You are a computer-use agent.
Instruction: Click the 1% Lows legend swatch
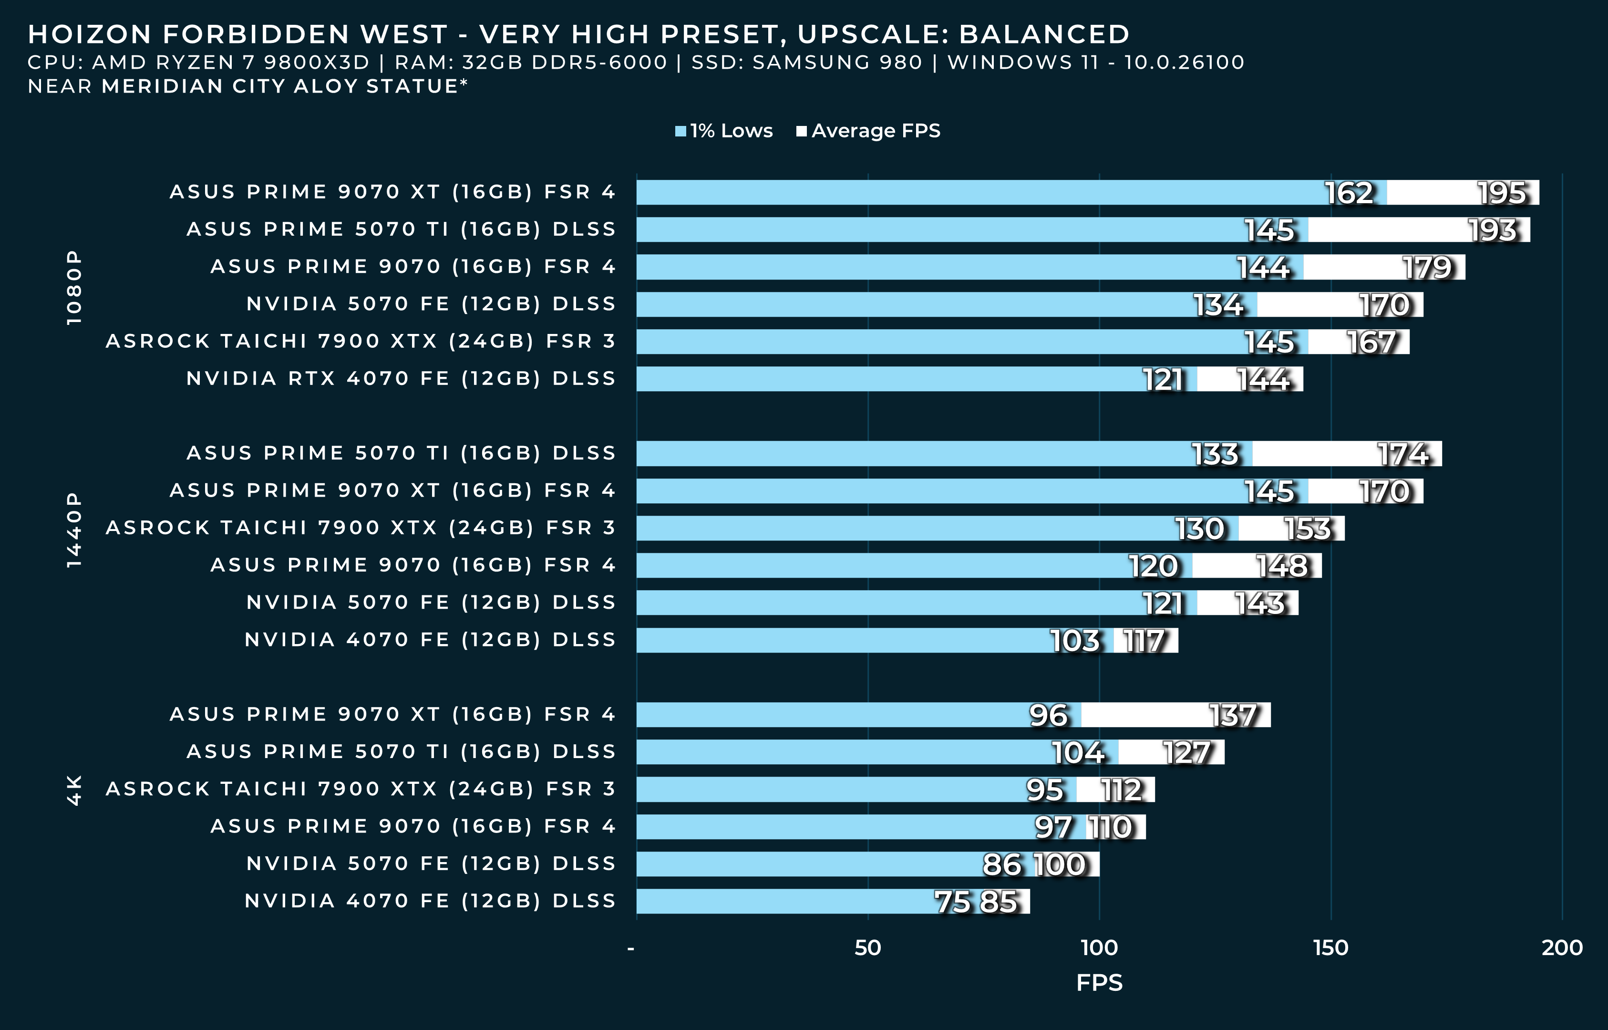click(x=680, y=131)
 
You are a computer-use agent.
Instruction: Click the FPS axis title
click(x=1099, y=982)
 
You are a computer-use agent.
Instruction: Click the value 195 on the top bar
click(x=1502, y=193)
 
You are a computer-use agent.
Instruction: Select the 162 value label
click(x=1349, y=193)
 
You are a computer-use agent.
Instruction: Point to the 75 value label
click(x=952, y=902)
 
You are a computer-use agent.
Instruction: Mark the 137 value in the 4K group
click(x=1233, y=716)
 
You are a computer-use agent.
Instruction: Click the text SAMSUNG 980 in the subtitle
click(x=837, y=62)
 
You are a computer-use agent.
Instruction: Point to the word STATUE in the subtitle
click(x=412, y=86)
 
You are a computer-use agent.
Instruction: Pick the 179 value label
click(x=1427, y=268)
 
